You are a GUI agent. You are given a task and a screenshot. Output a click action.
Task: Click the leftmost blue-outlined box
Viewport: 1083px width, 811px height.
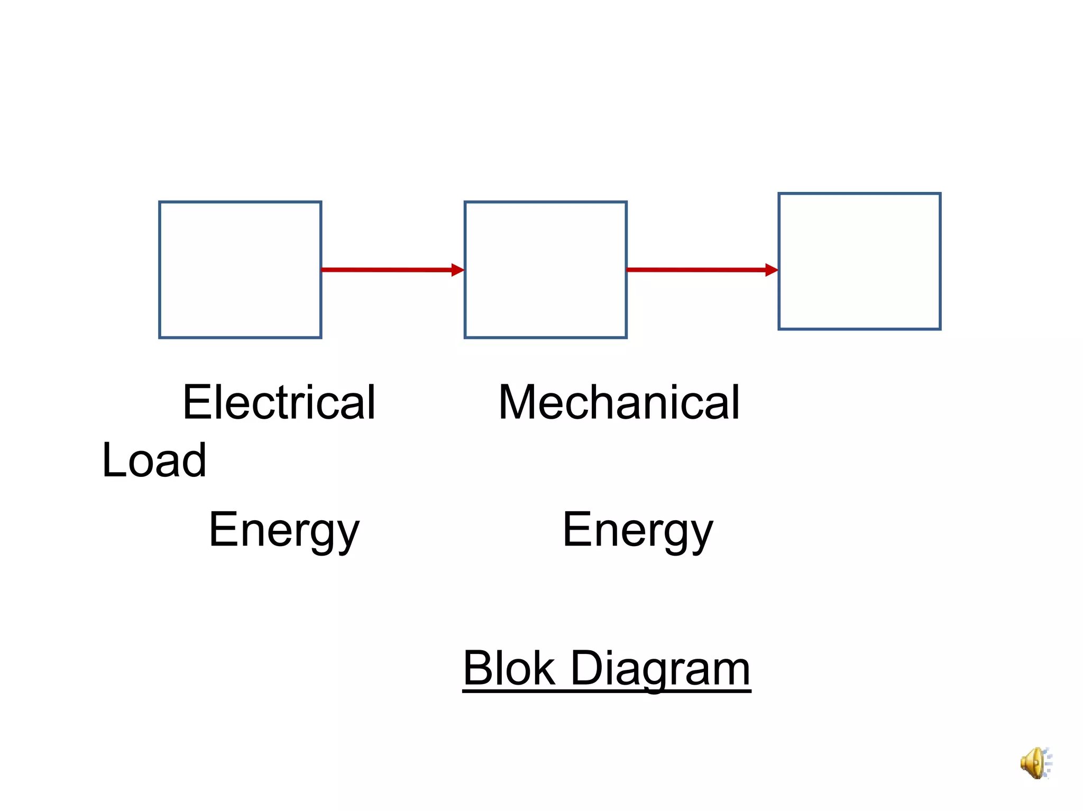tap(240, 270)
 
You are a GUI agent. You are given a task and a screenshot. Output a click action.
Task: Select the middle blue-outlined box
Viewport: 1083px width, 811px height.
tap(545, 270)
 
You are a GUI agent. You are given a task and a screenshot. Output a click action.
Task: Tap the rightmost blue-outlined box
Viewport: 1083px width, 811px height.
tap(859, 261)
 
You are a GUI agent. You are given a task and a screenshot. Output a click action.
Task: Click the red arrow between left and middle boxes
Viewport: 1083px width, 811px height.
tap(386, 270)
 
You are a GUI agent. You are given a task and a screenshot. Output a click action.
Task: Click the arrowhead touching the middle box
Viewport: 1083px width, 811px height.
tap(457, 270)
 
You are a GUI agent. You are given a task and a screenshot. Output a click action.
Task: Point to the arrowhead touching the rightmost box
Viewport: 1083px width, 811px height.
tap(772, 270)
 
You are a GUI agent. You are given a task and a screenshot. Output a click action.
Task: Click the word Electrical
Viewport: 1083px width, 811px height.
tap(279, 403)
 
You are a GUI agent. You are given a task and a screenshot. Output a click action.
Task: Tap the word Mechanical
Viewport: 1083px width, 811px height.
tap(619, 403)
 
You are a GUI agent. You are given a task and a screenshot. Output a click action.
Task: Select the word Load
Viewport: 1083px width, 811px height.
tap(154, 460)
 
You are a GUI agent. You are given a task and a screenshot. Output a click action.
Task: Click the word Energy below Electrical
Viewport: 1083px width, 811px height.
tap(284, 530)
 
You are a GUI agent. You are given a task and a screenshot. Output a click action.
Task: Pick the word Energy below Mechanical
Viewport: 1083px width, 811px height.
tap(638, 530)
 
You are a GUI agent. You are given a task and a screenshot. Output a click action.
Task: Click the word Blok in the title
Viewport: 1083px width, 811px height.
tap(509, 668)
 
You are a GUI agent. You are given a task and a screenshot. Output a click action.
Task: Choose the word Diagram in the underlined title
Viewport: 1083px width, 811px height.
tap(660, 669)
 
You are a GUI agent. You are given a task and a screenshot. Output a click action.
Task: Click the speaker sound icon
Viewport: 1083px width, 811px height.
tap(1035, 763)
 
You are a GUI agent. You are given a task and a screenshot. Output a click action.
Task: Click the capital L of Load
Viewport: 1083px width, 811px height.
tap(112, 460)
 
